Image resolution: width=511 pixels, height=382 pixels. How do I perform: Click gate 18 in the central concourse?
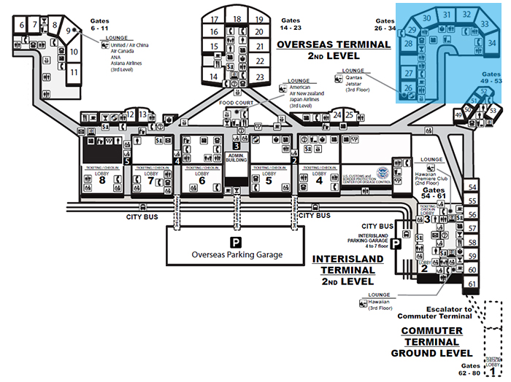coord(237,19)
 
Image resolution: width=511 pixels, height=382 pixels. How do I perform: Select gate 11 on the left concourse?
coord(74,72)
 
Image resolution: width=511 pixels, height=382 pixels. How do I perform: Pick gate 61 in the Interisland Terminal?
coord(472,284)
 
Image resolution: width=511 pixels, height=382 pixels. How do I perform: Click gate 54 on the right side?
coord(472,187)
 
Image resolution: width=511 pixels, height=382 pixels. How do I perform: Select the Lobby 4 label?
coord(318,179)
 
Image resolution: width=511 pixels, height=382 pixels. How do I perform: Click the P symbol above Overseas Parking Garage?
coord(235,241)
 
